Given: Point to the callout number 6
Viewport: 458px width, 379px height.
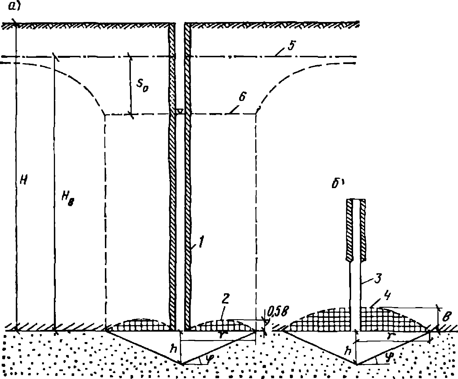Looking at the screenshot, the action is coord(243,97).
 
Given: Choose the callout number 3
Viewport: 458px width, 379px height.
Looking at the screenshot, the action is coord(378,278).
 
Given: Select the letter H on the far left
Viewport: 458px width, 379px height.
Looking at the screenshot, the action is coord(24,180).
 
